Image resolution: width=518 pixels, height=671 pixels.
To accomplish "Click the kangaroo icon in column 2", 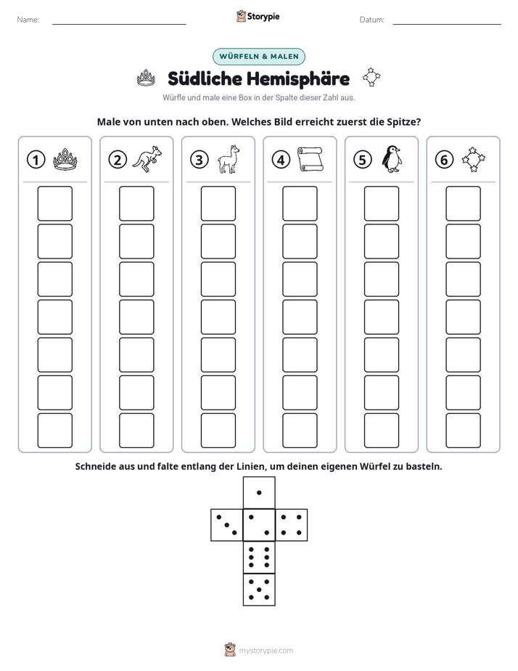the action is (147, 159).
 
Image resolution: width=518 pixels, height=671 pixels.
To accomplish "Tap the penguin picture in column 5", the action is (392, 159).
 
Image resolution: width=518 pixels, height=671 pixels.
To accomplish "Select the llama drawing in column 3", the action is (229, 159).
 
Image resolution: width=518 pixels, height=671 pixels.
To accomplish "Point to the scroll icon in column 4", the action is (311, 159).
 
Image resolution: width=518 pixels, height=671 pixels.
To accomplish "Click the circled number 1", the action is (36, 160).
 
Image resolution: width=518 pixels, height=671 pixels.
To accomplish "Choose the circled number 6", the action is (444, 160).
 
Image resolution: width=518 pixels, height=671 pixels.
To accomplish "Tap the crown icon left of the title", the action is (146, 78).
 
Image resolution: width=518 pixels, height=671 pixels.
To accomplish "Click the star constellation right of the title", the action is (371, 77).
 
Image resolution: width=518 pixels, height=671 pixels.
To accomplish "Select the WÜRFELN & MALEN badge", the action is (259, 57).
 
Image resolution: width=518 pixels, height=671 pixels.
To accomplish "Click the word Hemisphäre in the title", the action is (298, 78).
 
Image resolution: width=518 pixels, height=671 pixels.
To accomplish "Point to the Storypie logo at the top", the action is (258, 16).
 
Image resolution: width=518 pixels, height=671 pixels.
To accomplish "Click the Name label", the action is (28, 20).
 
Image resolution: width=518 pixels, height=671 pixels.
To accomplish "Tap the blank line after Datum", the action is (447, 24).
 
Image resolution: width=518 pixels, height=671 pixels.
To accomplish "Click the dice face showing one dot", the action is (259, 493).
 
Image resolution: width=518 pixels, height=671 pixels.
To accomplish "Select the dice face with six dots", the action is (259, 558).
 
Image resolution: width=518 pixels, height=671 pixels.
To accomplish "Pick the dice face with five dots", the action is (259, 590).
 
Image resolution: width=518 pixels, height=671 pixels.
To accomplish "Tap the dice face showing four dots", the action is (292, 525).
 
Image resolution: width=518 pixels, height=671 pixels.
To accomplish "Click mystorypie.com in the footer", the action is (266, 651).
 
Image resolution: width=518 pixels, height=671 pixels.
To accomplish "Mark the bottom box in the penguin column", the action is (382, 431).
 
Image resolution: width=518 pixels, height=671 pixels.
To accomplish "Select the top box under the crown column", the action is (55, 203).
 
